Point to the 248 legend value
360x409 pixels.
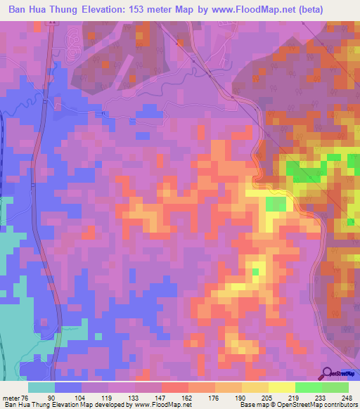click(x=345, y=397)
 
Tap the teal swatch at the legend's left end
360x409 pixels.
click(x=41, y=387)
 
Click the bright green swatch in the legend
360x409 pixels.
click(x=309, y=387)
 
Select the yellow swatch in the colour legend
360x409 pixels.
click(x=282, y=387)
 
